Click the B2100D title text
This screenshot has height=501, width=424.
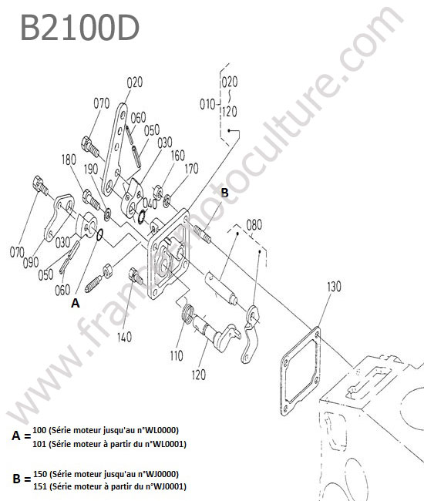pos(80,28)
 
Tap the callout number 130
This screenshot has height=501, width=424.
pos(334,287)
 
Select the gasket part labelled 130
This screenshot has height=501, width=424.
pos(301,371)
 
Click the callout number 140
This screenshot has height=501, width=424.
pos(124,337)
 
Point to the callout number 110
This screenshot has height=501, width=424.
pos(177,355)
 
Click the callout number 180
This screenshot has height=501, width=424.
pos(69,160)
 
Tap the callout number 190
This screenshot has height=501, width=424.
pos(91,170)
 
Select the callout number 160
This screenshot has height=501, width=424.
pos(177,156)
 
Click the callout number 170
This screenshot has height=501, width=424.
pos(191,168)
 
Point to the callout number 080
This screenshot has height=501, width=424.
pos(254,225)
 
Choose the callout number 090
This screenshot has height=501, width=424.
pos(31,263)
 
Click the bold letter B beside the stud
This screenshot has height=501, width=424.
pos(224,193)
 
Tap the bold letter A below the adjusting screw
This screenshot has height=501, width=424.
pos(75,303)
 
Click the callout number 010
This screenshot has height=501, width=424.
pos(207,104)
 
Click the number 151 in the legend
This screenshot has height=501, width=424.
pos(40,486)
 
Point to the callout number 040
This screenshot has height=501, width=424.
pos(150,203)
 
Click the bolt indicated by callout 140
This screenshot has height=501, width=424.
pos(136,276)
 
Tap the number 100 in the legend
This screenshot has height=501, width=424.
pos(39,430)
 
